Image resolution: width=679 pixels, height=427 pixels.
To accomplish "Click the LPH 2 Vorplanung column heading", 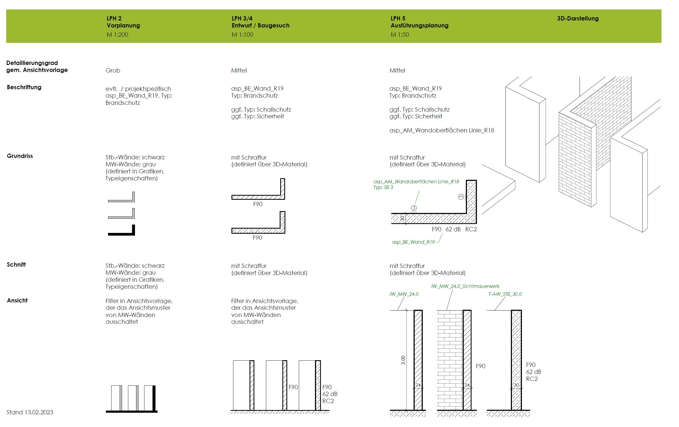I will tap(123, 22).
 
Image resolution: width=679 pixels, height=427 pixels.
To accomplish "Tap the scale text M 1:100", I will tap(242, 35).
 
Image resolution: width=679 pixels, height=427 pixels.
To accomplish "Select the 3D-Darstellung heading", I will tap(577, 19).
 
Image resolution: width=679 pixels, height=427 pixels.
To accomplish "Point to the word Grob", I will tap(113, 71).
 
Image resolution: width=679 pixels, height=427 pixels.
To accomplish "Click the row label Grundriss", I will tap(20, 156).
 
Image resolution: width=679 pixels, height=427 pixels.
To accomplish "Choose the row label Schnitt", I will tap(16, 264).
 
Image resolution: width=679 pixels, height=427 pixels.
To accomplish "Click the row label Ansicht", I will tap(17, 300).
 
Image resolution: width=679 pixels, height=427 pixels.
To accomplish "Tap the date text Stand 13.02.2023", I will tap(30, 412).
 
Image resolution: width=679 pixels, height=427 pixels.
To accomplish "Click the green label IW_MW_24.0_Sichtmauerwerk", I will tap(465, 286).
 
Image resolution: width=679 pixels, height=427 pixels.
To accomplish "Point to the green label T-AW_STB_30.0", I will tap(505, 294).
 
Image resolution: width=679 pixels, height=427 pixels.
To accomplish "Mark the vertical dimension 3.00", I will tap(403, 360).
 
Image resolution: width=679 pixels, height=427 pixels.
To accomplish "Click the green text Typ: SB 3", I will tap(383, 187).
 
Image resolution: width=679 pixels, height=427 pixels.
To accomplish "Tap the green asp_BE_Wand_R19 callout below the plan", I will tap(413, 242).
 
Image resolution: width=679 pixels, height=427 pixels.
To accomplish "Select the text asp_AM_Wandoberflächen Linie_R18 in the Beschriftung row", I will tap(442, 130).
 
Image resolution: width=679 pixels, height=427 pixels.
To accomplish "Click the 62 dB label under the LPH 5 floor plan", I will tap(453, 229).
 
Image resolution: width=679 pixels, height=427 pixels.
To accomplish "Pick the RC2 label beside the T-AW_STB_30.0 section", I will tap(532, 379).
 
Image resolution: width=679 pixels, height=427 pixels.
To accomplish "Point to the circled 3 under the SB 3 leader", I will tap(414, 208).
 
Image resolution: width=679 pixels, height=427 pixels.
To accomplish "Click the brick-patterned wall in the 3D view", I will tap(575, 158).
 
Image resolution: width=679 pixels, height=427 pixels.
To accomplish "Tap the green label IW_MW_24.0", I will tap(404, 294).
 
